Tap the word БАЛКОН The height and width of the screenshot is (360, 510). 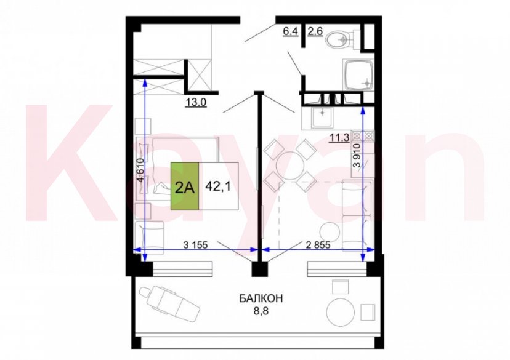(x=261, y=299)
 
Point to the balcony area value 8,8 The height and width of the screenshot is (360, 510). (x=261, y=312)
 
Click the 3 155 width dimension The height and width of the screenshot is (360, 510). (x=196, y=244)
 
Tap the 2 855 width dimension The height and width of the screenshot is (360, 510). (x=318, y=244)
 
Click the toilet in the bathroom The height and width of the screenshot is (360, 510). (x=338, y=41)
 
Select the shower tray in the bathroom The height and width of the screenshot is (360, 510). (x=359, y=74)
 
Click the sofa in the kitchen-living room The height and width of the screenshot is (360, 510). (x=356, y=212)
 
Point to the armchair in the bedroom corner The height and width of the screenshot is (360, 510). (x=150, y=234)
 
